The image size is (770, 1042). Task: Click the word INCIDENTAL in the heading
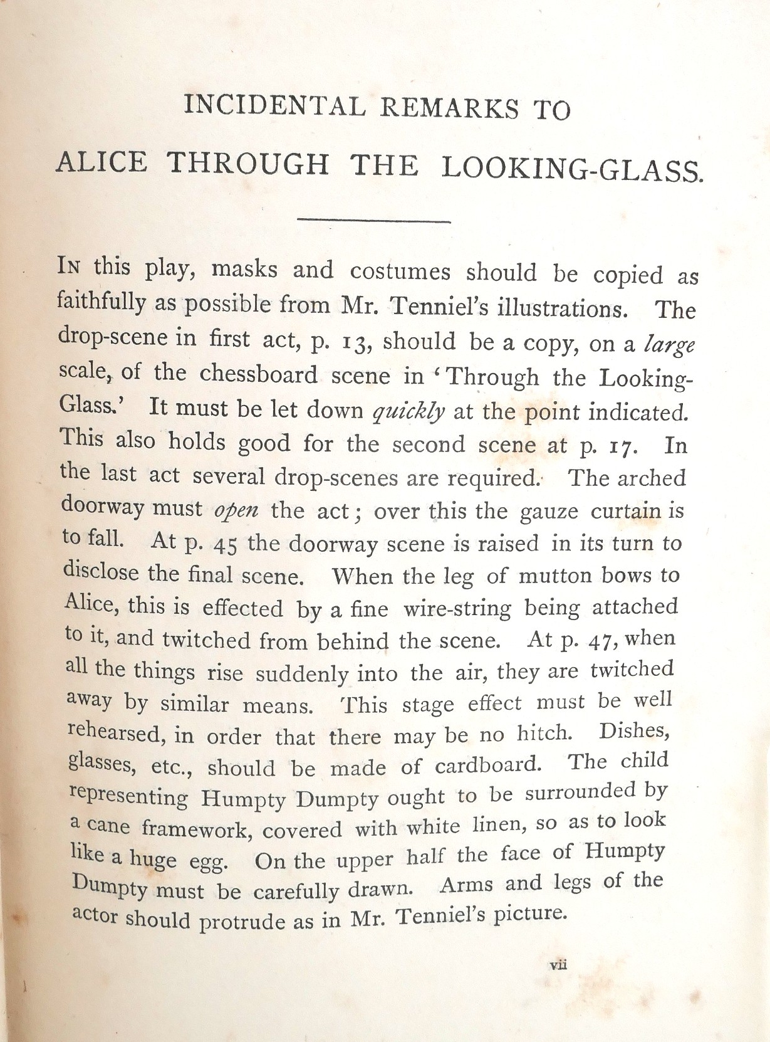tap(274, 106)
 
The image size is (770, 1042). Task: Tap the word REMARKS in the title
tap(450, 108)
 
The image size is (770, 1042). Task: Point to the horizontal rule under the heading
tap(374, 220)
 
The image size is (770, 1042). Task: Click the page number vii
tap(558, 965)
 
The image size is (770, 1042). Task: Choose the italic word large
tap(669, 345)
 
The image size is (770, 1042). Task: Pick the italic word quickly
tap(408, 411)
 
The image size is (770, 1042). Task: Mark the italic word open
tap(236, 510)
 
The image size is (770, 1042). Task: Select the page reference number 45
tap(224, 544)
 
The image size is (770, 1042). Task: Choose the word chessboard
tap(259, 374)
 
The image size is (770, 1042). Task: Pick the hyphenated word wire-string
tap(457, 609)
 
